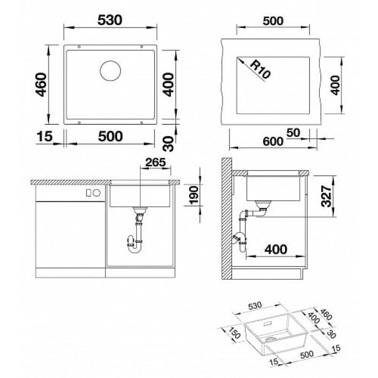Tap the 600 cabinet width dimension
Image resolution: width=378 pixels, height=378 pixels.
tap(273, 141)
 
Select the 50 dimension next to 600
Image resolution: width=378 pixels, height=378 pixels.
tap(292, 132)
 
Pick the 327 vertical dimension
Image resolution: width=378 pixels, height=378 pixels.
tap(326, 194)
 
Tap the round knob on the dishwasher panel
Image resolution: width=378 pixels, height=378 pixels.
tap(96, 193)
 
